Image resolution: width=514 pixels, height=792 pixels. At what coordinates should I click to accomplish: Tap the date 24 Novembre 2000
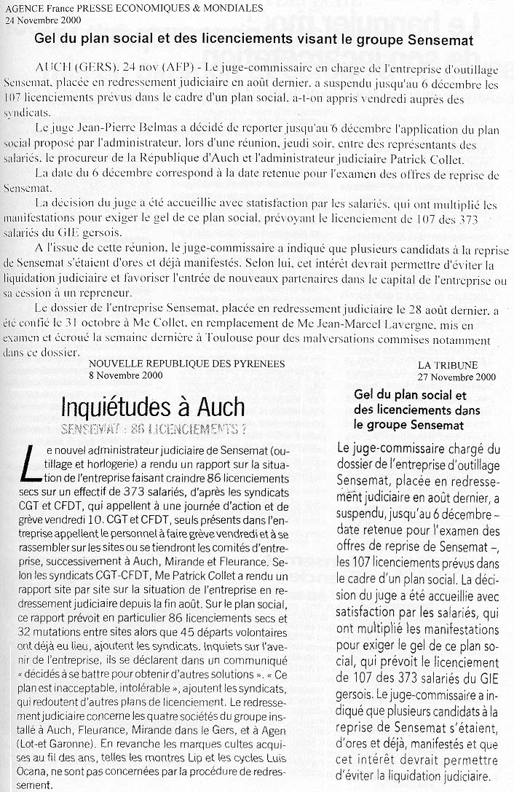point(39,20)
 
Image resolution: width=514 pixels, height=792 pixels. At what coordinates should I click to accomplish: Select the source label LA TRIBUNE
point(448,364)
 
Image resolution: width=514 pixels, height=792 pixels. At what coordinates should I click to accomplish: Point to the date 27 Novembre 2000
point(457,377)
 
